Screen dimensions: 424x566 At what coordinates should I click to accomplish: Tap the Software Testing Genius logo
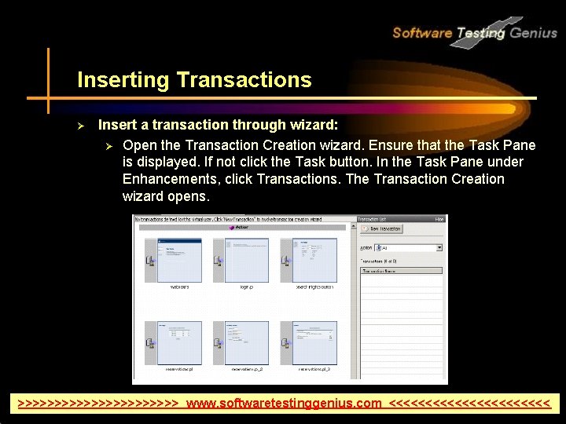[474, 32]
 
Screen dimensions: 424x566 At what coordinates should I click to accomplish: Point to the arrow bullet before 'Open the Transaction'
[110, 145]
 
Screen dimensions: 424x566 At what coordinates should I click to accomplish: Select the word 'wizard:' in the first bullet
[314, 125]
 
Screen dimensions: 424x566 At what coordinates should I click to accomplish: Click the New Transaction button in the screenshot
[381, 229]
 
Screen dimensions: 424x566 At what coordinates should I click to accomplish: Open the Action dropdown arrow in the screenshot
[439, 247]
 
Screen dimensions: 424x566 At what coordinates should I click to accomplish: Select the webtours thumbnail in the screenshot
[179, 260]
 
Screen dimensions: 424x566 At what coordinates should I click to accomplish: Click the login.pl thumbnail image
[247, 260]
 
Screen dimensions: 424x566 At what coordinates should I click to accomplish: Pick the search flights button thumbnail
[314, 260]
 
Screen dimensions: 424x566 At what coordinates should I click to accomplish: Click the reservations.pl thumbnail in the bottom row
[179, 342]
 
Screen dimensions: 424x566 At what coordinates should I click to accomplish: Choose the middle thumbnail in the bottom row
[247, 342]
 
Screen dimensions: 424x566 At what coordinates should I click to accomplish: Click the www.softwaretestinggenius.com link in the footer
[284, 404]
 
